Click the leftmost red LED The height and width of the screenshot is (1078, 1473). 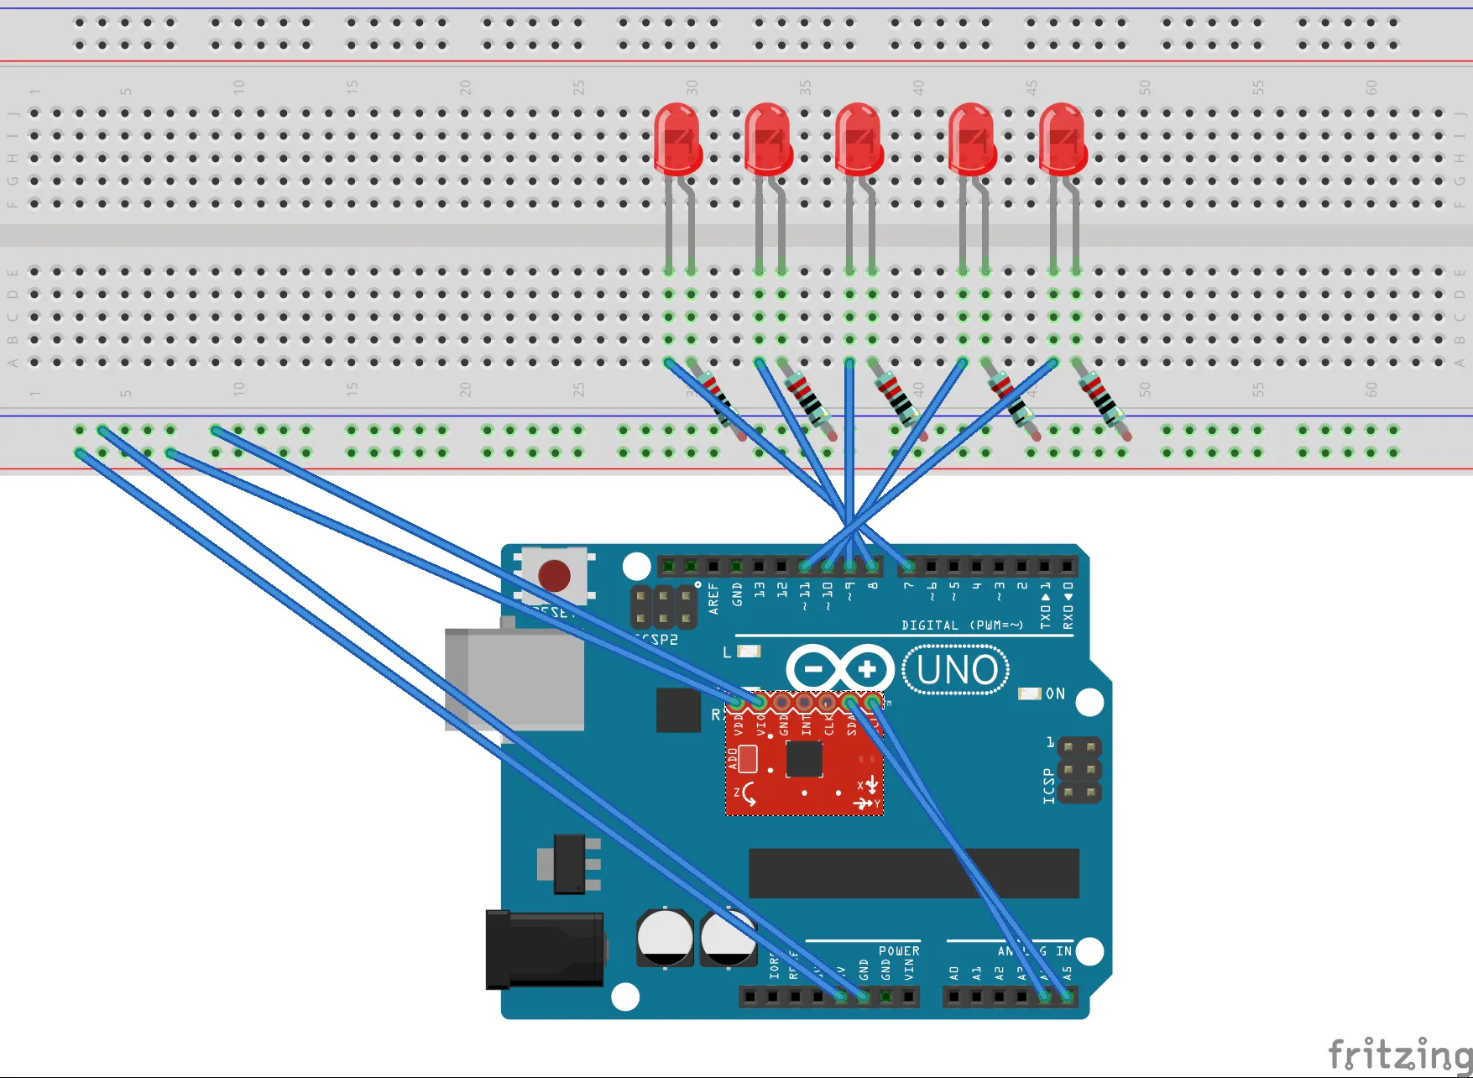pos(677,139)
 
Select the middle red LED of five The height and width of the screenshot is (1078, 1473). pos(858,139)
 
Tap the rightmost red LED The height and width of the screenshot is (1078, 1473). pos(1063,139)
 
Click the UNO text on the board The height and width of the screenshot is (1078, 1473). pos(957,670)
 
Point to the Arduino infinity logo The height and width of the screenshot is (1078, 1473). pos(840,669)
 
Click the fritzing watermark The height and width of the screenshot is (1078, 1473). pos(1399,1054)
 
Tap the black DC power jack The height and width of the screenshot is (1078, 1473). pos(544,949)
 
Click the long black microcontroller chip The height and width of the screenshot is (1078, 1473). pos(913,873)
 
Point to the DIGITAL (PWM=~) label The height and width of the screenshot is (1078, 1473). pos(962,625)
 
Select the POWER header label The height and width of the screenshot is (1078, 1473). pos(899,951)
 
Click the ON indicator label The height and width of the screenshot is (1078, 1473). pos(1055,693)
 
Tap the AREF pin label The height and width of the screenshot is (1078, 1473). pos(713,599)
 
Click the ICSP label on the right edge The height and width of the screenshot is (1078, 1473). pos(1049,786)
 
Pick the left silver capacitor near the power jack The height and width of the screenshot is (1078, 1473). pos(665,937)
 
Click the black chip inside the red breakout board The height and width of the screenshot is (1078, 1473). pos(804,760)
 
